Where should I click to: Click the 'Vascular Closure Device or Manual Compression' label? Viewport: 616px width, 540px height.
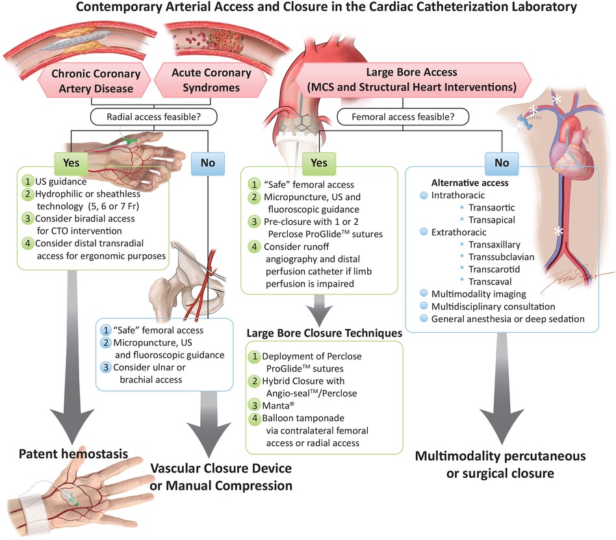221,477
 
